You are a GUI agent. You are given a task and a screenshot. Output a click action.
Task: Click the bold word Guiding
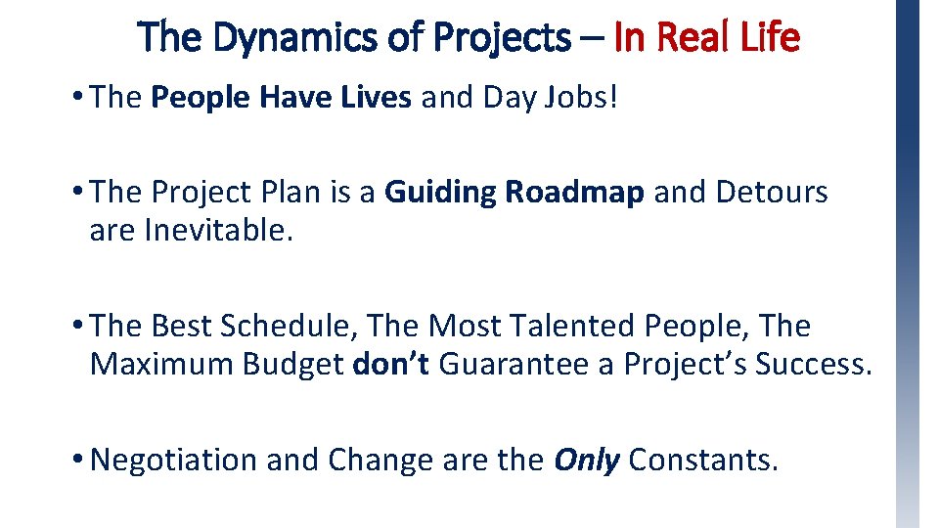(x=440, y=193)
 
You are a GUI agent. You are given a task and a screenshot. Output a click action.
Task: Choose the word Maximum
(x=162, y=364)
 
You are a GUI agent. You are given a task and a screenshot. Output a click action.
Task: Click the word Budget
(x=294, y=364)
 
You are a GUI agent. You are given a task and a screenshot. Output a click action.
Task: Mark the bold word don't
(x=390, y=364)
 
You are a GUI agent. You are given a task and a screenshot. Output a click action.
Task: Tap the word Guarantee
(x=514, y=364)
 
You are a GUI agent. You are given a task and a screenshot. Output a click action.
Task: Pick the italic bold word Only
(x=587, y=459)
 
